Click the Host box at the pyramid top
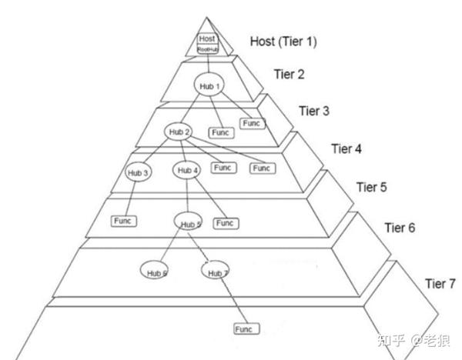coord(207,38)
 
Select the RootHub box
coord(207,48)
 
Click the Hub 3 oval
coord(139,172)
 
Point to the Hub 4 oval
coord(188,170)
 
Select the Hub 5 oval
coord(189,224)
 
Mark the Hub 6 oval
coord(157,272)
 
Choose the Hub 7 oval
coord(216,272)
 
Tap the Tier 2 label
coord(289,75)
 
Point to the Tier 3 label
coord(314,112)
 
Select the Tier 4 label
coord(346,148)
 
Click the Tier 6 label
coord(400,228)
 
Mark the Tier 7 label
coord(440,284)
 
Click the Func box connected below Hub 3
coord(123,221)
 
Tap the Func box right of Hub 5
coord(224,223)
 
